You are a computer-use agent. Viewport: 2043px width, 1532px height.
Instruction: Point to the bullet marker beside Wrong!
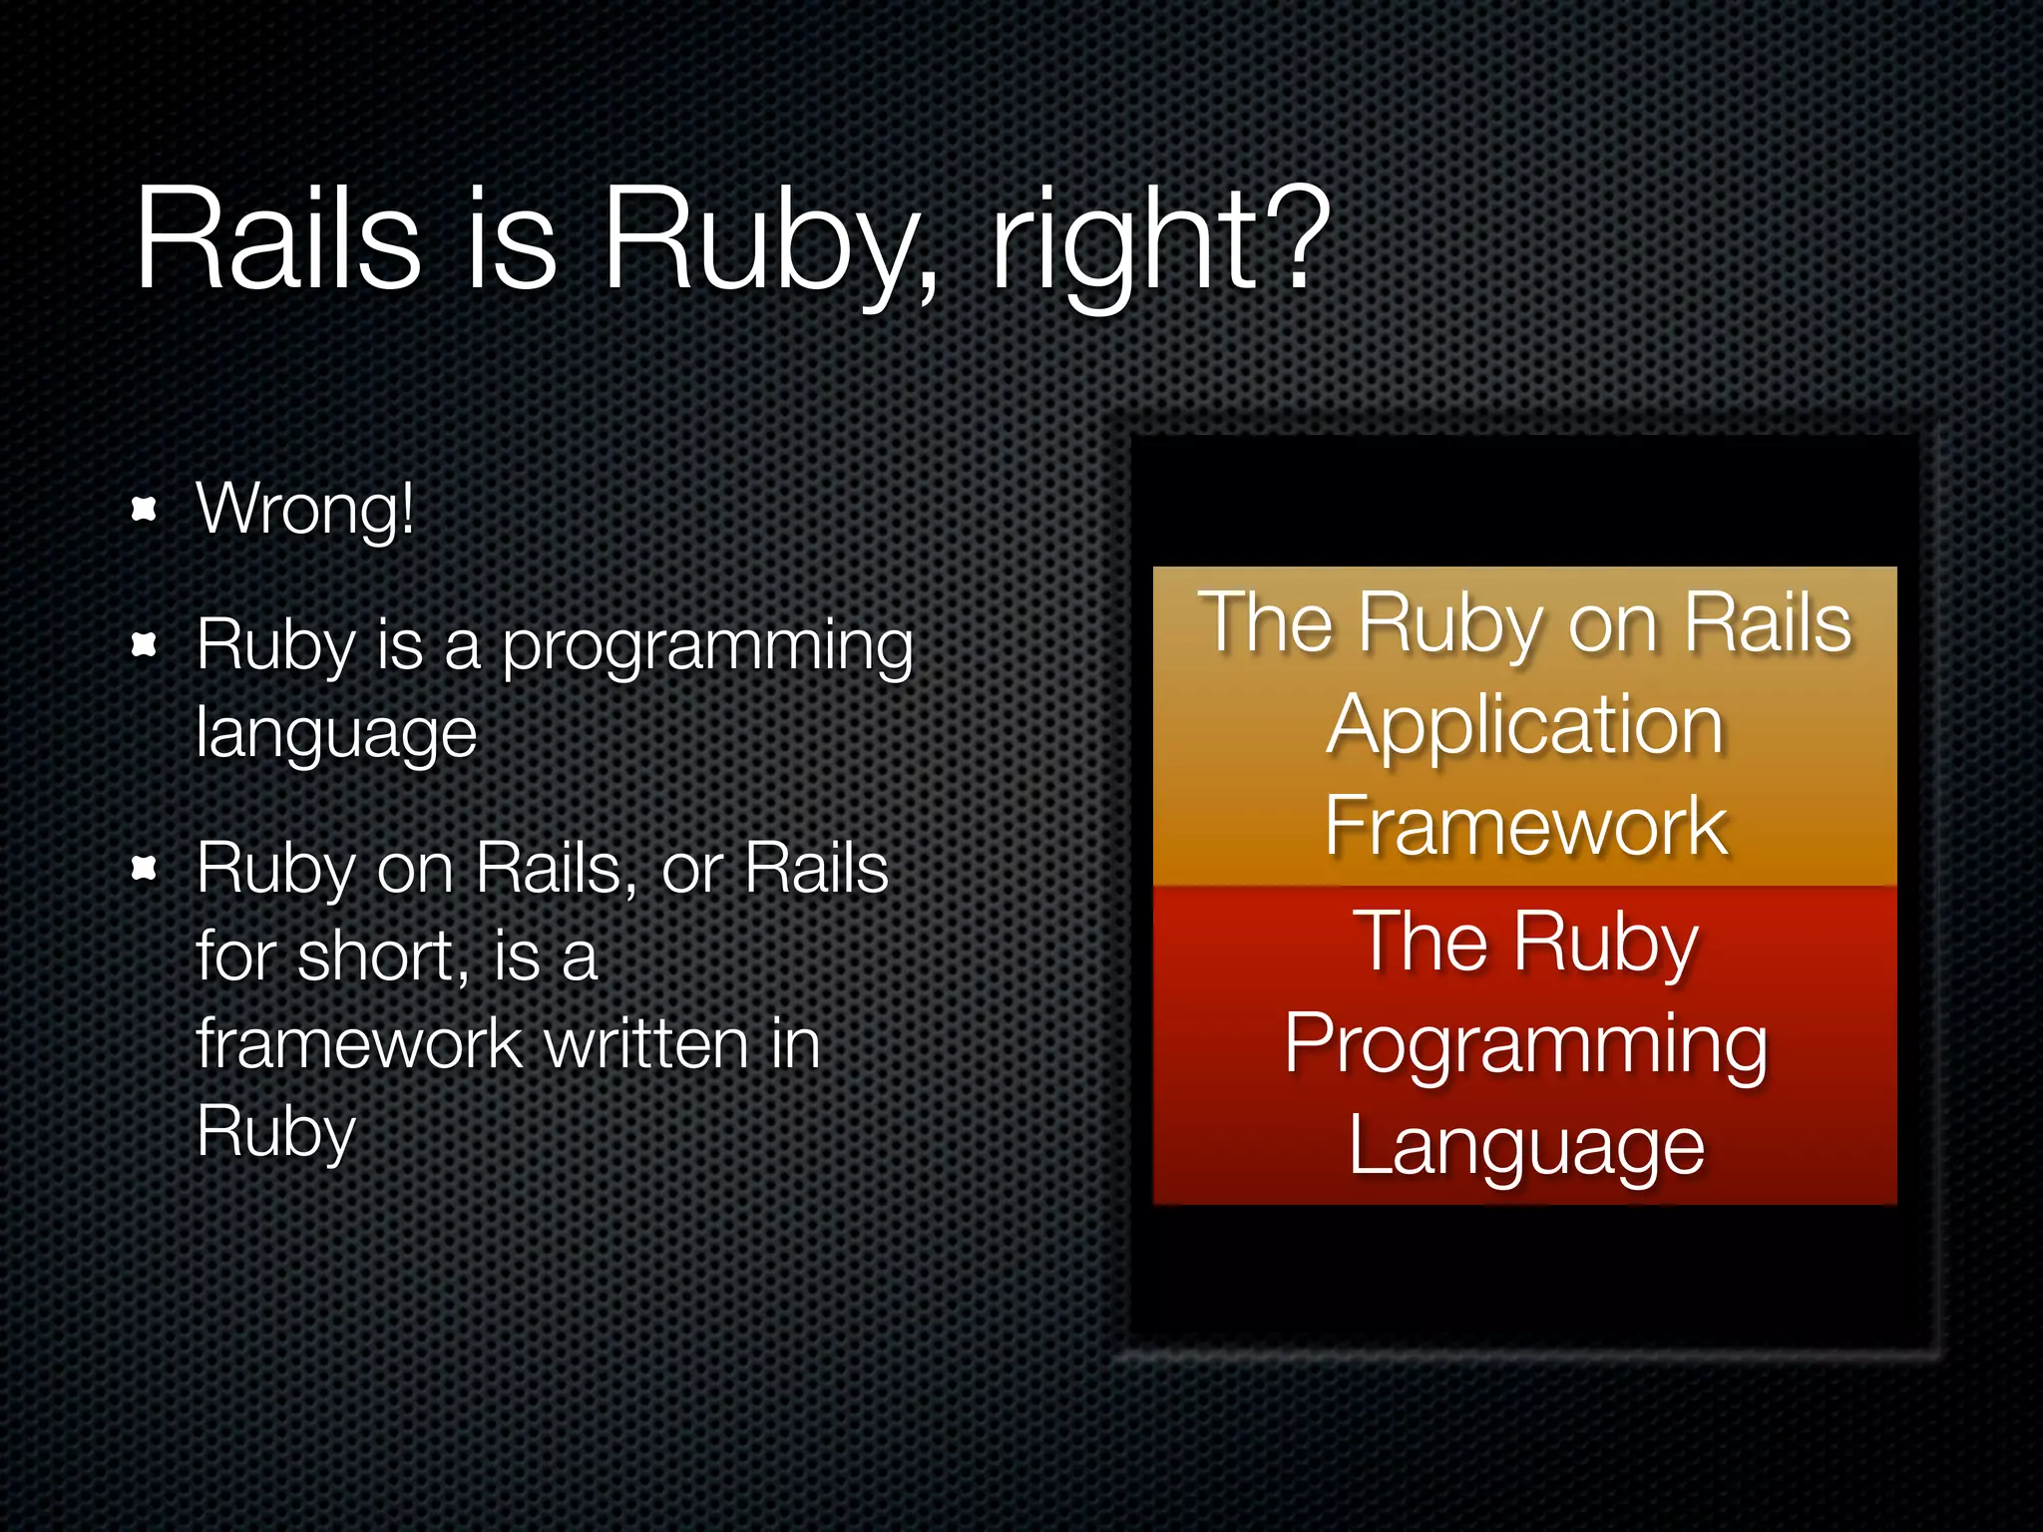click(x=145, y=509)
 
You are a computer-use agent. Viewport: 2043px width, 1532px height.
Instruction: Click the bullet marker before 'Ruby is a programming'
click(x=145, y=645)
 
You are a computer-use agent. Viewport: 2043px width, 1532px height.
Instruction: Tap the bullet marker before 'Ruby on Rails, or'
click(x=145, y=869)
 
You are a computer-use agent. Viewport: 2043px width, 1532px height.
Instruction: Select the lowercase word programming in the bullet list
click(x=707, y=648)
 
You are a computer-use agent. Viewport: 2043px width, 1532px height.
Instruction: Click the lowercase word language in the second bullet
click(x=336, y=735)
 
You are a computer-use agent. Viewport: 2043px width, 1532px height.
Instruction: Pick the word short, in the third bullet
click(x=383, y=957)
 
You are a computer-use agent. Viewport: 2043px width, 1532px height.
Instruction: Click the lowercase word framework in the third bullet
click(x=359, y=1044)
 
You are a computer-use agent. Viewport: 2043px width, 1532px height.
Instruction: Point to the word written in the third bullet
click(x=647, y=1044)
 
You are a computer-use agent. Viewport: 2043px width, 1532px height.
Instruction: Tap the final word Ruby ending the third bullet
click(x=276, y=1133)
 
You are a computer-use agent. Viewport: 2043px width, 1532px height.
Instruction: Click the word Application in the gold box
click(x=1525, y=726)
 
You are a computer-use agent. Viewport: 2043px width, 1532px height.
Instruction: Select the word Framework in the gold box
click(x=1525, y=826)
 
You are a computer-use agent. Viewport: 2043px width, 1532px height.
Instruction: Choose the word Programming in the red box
click(x=1525, y=1045)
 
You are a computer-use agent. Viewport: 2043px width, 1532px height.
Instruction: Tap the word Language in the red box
click(x=1525, y=1147)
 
